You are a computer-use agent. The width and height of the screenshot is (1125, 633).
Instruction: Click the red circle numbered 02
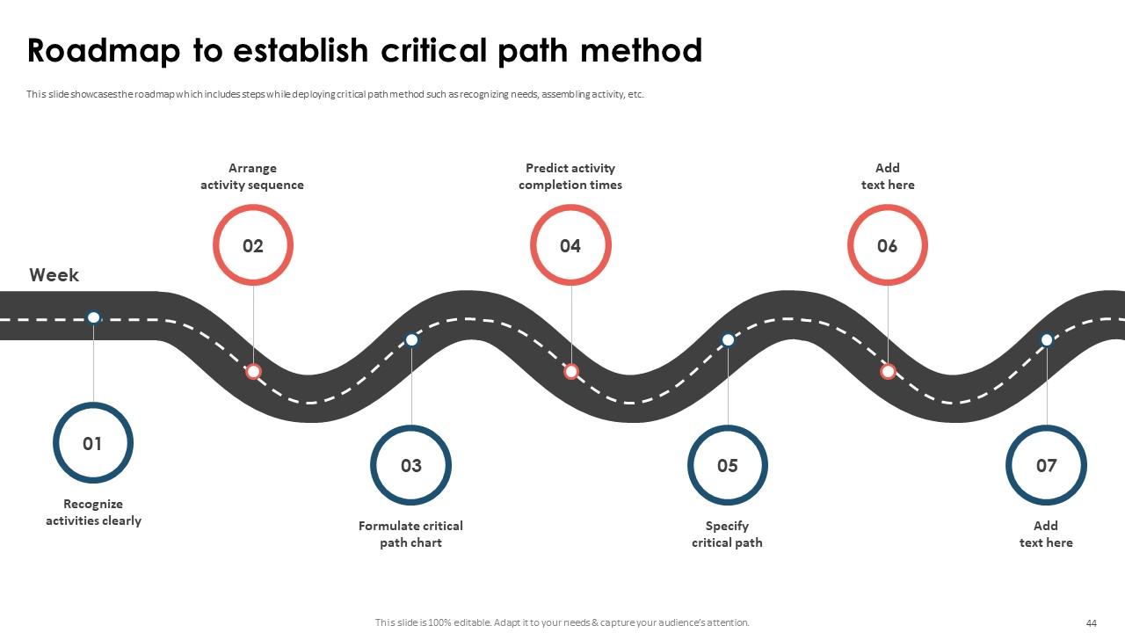pos(253,245)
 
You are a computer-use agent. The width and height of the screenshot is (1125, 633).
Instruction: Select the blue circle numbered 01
pos(93,443)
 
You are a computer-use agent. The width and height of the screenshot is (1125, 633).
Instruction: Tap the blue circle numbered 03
pos(410,465)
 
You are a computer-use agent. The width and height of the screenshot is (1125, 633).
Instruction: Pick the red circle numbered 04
pos(570,245)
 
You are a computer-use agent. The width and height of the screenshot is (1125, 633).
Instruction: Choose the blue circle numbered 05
pos(728,465)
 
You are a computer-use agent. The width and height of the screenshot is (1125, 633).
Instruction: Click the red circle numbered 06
pos(888,245)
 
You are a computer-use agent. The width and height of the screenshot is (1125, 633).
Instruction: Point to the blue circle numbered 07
pos(1046,465)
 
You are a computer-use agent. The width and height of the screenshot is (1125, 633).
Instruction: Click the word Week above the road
pos(54,275)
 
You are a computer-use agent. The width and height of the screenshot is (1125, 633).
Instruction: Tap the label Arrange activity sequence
pos(252,177)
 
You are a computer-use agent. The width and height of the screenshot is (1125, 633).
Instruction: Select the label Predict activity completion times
pos(570,177)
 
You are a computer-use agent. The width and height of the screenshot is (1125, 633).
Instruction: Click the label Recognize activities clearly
pos(93,513)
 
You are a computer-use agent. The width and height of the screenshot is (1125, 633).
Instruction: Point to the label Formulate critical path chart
pos(410,535)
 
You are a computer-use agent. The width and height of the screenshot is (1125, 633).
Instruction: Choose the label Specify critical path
pos(727,535)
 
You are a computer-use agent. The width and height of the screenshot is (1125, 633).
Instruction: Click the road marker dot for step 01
pos(94,317)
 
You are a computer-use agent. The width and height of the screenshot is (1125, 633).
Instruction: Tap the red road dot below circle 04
pos(571,372)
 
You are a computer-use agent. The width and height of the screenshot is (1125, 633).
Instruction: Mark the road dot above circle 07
pos(1047,339)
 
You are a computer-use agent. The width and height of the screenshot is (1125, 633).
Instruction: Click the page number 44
pos(1092,623)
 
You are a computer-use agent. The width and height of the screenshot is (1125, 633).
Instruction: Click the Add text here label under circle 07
pos(1046,535)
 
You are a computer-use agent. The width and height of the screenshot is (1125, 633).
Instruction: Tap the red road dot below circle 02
pos(253,372)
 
